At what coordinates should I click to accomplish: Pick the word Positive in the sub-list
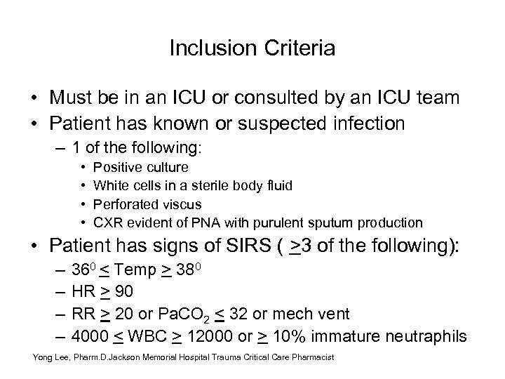pos(116,168)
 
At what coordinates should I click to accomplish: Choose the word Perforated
pos(125,204)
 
